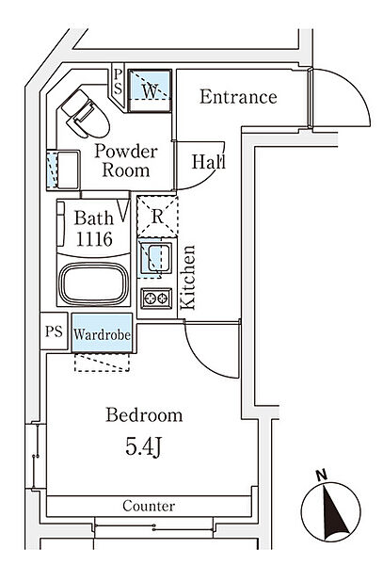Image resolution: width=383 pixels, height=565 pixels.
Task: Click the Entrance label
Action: pos(238,97)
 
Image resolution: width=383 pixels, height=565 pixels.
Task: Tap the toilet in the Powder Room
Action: pos(86,114)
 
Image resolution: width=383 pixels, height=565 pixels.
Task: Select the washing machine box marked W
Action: pos(150,90)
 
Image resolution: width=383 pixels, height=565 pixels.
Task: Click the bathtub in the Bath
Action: pos(94,283)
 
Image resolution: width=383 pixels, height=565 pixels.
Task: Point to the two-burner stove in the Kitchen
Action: pos(156,299)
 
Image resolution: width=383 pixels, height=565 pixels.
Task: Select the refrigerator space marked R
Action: pos(157,217)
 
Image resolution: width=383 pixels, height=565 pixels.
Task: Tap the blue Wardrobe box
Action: pos(103,333)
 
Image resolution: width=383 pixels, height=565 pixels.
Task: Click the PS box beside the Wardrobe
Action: pos(54,331)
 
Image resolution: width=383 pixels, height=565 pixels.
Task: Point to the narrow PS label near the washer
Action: pos(118,81)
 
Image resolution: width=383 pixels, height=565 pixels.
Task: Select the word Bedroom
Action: pos(144,415)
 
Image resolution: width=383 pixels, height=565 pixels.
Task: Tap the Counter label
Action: pos(149,506)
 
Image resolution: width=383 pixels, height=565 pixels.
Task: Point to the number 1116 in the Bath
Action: pos(94,238)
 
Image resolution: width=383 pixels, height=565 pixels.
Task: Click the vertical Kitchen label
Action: pos(188,278)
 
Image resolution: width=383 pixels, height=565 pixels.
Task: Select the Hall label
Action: pos(208,161)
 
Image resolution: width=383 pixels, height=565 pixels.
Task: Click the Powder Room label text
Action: pos(126,161)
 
